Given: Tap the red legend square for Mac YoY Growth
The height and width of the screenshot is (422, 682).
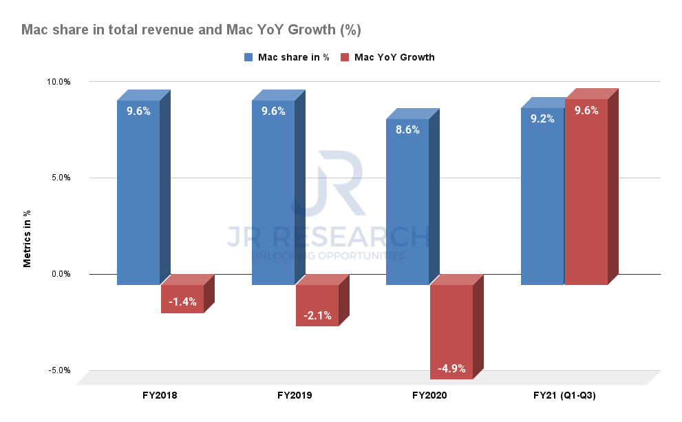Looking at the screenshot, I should pos(345,57).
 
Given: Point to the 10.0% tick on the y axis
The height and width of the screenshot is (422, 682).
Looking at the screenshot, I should pos(58,82).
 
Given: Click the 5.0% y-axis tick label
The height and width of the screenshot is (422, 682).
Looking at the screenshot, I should pos(61,178).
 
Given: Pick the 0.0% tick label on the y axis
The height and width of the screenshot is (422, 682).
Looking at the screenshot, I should pos(61,274).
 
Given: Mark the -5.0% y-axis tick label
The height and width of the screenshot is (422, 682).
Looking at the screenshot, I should pos(59,370).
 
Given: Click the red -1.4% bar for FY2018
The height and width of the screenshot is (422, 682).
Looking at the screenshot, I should pos(182,299).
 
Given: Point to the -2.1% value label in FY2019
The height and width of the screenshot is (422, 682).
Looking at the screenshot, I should pos(317,316).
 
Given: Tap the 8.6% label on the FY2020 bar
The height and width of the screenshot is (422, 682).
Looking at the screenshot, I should pos(407,129).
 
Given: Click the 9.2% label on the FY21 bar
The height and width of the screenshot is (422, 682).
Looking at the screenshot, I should pos(542,118).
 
